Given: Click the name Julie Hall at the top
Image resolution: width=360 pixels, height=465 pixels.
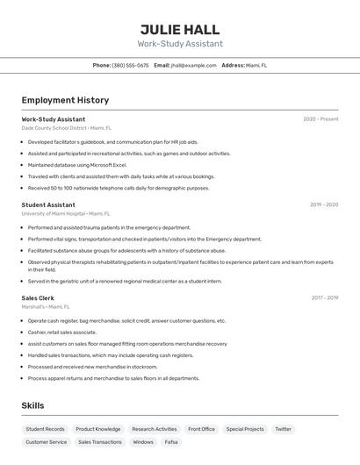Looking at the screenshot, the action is click(x=180, y=29).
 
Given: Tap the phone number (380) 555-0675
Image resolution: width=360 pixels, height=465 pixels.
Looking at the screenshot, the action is click(x=130, y=65).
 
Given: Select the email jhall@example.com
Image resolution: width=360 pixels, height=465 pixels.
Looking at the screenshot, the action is click(x=193, y=65).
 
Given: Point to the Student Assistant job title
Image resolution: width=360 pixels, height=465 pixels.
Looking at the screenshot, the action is click(x=48, y=204).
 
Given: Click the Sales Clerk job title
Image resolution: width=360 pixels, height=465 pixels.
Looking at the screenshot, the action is click(x=38, y=298).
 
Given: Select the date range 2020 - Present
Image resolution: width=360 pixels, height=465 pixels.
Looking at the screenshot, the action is click(x=320, y=119).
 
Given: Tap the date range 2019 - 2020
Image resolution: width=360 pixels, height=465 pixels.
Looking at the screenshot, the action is click(x=324, y=204).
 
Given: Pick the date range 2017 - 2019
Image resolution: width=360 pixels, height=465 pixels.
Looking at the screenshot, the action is click(x=325, y=298).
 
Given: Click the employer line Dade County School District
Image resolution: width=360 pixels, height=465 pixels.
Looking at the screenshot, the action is click(x=67, y=127).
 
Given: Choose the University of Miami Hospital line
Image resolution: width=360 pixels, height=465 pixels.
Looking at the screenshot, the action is click(x=66, y=213).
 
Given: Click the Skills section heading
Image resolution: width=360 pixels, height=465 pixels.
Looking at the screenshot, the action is click(x=32, y=405).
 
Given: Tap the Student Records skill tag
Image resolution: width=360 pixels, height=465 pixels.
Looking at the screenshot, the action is click(x=45, y=429).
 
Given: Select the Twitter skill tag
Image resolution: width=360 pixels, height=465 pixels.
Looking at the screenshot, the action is click(x=283, y=429).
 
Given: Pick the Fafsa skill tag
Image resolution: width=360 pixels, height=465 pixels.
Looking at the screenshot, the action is click(x=171, y=442).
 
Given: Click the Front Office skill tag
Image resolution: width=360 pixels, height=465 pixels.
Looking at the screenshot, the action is click(x=201, y=429).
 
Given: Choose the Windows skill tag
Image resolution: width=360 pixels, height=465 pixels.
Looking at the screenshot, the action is click(x=143, y=442).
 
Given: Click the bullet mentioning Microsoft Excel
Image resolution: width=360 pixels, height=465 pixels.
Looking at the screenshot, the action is click(x=77, y=165).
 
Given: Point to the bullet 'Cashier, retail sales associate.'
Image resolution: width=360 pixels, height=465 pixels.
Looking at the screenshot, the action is click(x=61, y=333).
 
